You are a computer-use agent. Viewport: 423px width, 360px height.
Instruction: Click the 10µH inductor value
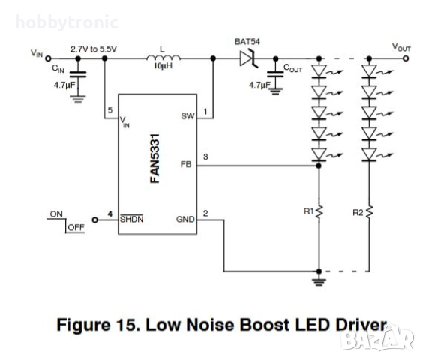point(163,67)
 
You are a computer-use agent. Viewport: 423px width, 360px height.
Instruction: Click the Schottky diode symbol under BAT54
point(247,58)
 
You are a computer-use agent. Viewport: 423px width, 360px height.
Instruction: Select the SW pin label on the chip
point(187,116)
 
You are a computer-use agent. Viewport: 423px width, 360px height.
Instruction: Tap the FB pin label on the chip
point(187,163)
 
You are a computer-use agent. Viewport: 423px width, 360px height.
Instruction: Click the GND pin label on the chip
point(185,220)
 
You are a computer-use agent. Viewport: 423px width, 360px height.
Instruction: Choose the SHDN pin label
point(131,220)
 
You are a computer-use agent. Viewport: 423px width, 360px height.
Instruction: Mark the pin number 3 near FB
point(205,156)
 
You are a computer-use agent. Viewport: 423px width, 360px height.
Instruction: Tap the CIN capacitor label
point(58,69)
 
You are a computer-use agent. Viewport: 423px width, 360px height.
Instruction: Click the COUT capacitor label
point(293,69)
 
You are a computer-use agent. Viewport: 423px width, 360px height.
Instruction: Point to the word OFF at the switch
point(75,226)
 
